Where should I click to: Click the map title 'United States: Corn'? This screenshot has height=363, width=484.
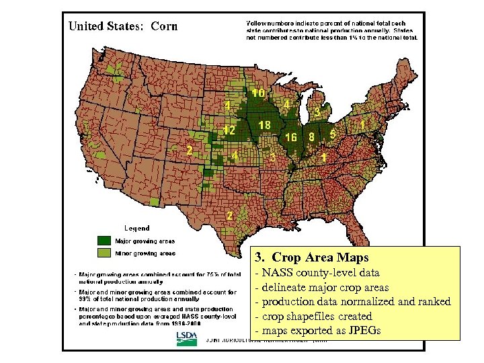123,27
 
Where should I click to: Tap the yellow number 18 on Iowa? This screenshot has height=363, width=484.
264,125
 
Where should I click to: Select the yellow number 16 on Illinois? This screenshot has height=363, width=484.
291,137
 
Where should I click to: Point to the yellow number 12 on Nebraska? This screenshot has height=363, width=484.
229,130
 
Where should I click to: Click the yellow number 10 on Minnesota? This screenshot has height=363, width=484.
257,93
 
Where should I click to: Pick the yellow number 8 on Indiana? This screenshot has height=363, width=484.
311,136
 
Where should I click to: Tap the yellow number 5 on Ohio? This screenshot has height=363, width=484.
333,134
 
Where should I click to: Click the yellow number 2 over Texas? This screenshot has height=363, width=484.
230,216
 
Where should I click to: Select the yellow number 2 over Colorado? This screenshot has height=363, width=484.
190,151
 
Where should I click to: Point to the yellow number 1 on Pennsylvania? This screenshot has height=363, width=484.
363,124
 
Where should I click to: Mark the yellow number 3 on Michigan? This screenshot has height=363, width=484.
317,112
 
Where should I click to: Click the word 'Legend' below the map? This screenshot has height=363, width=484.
137,228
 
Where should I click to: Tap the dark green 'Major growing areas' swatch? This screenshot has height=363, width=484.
105,240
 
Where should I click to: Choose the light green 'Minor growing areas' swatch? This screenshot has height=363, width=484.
105,253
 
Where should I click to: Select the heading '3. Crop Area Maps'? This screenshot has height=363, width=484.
312,257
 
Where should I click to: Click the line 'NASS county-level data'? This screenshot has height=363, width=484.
317,273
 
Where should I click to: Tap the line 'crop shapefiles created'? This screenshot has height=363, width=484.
314,316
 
